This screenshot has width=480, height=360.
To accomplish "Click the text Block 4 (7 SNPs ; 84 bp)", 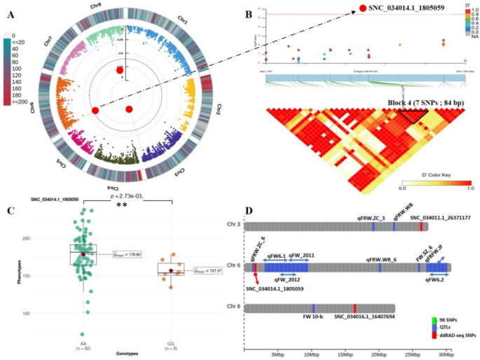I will (424, 102).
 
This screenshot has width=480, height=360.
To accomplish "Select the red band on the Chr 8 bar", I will (355, 308).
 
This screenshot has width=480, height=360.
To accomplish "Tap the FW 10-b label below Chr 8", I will (313, 318).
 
